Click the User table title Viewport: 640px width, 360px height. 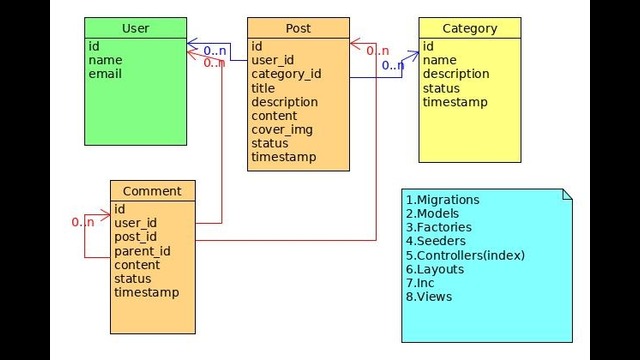pos(135,28)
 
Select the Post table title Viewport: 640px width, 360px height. pos(298,28)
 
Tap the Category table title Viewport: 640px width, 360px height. pos(469,28)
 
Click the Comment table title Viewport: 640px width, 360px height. pos(152,191)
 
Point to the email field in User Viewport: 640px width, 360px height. pos(105,74)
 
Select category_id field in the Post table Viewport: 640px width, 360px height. pos(286,74)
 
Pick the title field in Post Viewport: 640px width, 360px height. pos(264,88)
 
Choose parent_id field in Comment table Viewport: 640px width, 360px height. pos(142,251)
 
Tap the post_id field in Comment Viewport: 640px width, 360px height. pos(136,237)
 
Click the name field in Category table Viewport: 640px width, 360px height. pos(439,60)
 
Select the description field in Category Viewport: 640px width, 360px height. pos(455,74)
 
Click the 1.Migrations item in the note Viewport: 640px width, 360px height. pos(443,200)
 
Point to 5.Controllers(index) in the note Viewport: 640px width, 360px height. pos(465,255)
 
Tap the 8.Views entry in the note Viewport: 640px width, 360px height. pos(429,296)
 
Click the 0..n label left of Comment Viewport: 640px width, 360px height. pos(83,221)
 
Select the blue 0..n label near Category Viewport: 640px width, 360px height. pos(393,66)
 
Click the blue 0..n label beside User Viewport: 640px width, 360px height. pos(214,50)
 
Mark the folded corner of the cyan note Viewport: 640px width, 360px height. pos(566,193)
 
